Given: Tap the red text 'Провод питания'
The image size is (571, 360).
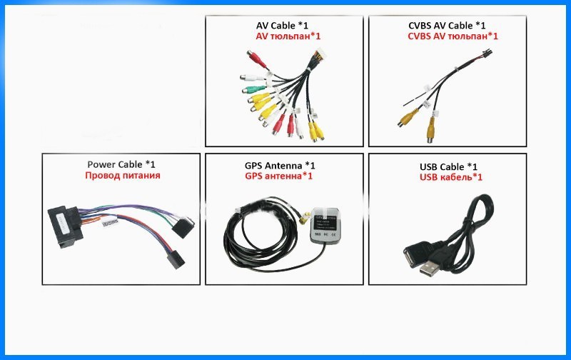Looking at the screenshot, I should click(x=122, y=175).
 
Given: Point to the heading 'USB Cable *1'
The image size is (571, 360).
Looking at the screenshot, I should click(x=450, y=166).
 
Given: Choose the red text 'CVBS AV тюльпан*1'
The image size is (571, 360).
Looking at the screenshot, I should click(x=453, y=36).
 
